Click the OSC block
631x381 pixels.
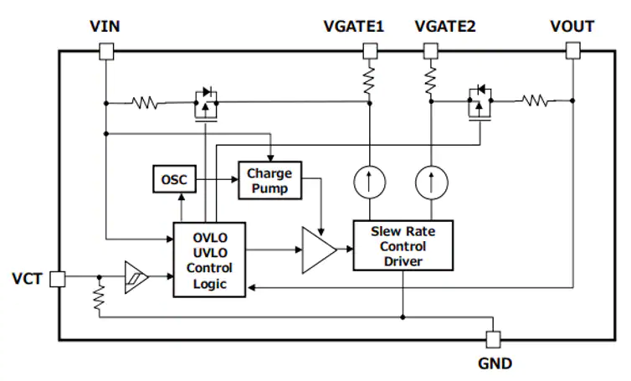coord(175,179)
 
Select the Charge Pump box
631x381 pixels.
coord(269,180)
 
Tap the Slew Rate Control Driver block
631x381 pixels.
coord(403,245)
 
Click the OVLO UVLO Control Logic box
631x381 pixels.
coord(209,260)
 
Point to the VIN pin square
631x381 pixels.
coord(106,52)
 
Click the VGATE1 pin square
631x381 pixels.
coord(370,51)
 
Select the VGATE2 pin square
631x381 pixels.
coord(431,51)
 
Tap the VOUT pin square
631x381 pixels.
coord(572,51)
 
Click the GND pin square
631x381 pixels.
coord(494,339)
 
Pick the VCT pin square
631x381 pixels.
coord(58,279)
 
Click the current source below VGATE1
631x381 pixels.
coord(370,182)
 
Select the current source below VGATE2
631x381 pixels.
coord(431,183)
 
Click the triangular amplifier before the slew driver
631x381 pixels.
coord(319,250)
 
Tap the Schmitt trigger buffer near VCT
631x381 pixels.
coord(136,277)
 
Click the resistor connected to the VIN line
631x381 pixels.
coord(145,103)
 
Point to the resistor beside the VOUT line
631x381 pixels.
coord(536,100)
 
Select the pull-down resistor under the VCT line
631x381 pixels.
coord(99,297)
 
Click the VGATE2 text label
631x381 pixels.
coord(445,27)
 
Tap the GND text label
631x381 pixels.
coord(495,363)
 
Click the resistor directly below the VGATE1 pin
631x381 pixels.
coord(369,80)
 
